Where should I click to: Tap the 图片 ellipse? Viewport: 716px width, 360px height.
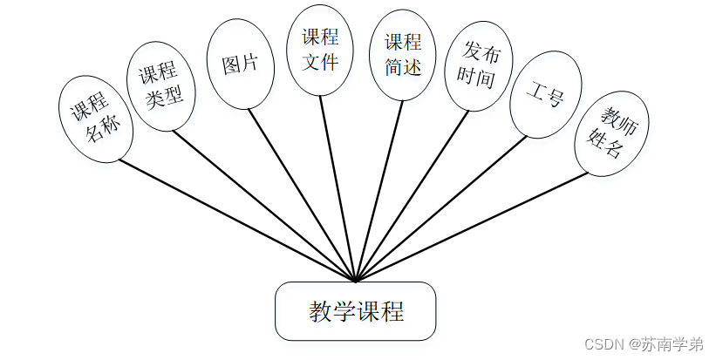click(239, 65)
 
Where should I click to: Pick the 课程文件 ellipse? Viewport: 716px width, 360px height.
click(320, 50)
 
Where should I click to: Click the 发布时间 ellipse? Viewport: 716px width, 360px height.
click(476, 67)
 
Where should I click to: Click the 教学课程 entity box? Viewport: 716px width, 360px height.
click(356, 311)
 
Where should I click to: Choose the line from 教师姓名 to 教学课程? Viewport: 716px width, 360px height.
click(471, 227)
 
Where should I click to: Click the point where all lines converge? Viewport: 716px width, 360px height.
click(356, 282)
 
